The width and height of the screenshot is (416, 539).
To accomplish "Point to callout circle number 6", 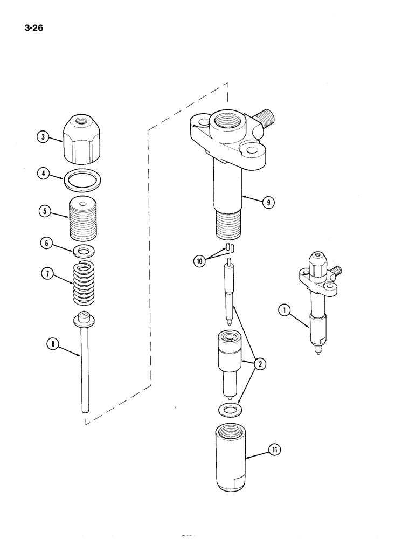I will (44, 244).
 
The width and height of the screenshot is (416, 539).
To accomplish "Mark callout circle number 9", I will (267, 203).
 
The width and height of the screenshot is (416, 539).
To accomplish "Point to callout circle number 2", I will (260, 364).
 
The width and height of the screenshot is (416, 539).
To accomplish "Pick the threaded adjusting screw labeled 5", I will (85, 218).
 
